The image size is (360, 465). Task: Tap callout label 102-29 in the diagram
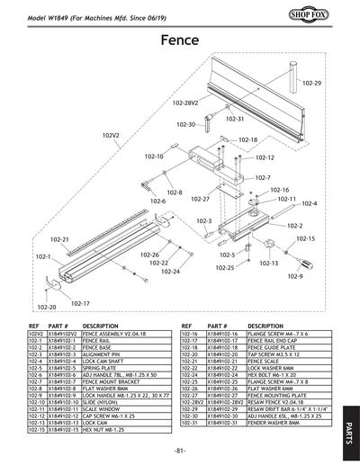coord(311,83)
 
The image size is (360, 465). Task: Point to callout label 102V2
coord(111,136)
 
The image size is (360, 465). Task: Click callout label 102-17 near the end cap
coord(80,303)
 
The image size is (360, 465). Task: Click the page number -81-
coord(180,449)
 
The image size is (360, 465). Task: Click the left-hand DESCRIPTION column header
coord(101,326)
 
